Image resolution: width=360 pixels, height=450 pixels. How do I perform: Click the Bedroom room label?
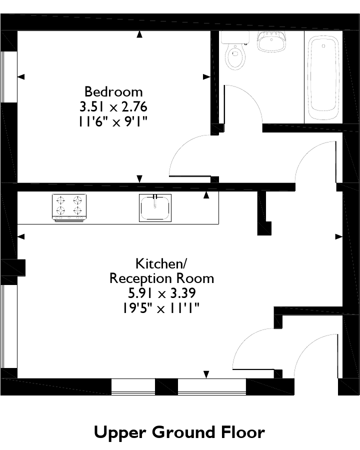pyautogui.click(x=113, y=92)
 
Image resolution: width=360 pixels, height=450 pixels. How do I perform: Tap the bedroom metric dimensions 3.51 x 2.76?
pyautogui.click(x=113, y=107)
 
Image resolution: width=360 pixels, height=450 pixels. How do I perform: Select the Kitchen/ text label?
pyautogui.click(x=161, y=263)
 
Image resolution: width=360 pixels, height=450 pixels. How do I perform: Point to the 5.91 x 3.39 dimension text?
pyautogui.click(x=162, y=293)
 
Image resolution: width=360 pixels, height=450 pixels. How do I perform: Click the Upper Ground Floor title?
pyautogui.click(x=179, y=432)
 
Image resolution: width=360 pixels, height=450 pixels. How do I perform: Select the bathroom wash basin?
pyautogui.click(x=271, y=41)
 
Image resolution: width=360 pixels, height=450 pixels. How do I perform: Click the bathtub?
pyautogui.click(x=323, y=77)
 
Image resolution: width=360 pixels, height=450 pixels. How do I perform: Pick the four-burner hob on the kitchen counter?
pyautogui.click(x=69, y=208)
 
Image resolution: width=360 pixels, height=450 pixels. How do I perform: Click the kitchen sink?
pyautogui.click(x=155, y=208)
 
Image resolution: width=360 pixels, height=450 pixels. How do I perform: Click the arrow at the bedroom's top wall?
pyautogui.click(x=139, y=34)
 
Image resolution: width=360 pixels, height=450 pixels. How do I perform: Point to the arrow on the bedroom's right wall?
pyautogui.click(x=206, y=76)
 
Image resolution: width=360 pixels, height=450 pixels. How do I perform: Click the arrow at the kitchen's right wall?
pyautogui.click(x=339, y=236)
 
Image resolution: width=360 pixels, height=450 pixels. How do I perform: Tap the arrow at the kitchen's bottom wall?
pyautogui.click(x=206, y=374)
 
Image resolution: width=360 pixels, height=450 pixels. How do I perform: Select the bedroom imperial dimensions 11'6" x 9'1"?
pyautogui.click(x=113, y=122)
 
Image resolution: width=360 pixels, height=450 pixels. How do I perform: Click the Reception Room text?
pyautogui.click(x=161, y=278)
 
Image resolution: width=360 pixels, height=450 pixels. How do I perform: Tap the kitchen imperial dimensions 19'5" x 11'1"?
pyautogui.click(x=161, y=308)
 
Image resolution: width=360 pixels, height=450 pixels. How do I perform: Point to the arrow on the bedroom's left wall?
pyautogui.click(x=21, y=76)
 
